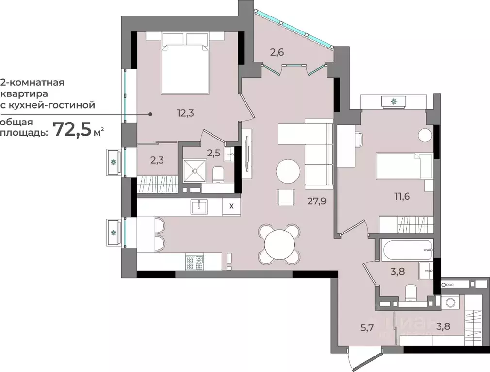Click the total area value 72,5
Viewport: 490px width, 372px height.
pyautogui.click(x=72, y=129)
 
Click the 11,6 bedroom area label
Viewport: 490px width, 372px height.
pyautogui.click(x=403, y=197)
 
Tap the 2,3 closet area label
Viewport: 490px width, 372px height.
pyautogui.click(x=156, y=160)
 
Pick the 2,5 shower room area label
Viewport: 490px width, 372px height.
pyautogui.click(x=213, y=153)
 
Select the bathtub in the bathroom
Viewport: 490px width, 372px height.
pyautogui.click(x=407, y=250)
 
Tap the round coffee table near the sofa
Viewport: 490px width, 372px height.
pyautogui.click(x=288, y=170)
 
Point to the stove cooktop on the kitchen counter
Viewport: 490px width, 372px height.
pyautogui.click(x=196, y=262)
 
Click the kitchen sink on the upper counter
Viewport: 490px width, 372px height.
pyautogui.click(x=198, y=207)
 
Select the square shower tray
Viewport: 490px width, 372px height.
pyautogui.click(x=195, y=170)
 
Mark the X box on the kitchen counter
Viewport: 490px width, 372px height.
pyautogui.click(x=231, y=206)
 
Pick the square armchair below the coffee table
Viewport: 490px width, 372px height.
pyautogui.click(x=286, y=197)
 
